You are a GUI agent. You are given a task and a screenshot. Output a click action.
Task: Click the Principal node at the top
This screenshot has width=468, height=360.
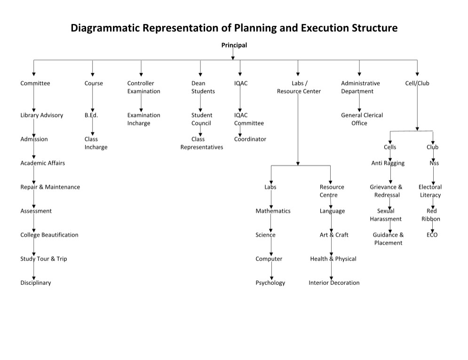(x=234, y=45)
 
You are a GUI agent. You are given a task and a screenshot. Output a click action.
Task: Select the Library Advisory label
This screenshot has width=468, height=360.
(x=41, y=115)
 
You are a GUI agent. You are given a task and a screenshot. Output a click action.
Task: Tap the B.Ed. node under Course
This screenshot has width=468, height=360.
(x=91, y=115)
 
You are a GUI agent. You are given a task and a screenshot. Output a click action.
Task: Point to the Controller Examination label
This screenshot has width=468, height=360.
(x=143, y=87)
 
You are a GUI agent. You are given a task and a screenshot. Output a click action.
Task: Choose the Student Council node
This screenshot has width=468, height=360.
(x=201, y=119)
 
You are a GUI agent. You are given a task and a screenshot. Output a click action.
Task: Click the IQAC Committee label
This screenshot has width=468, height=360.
(x=249, y=119)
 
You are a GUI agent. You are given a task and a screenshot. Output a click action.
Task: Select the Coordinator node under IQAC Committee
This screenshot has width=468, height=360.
(x=250, y=139)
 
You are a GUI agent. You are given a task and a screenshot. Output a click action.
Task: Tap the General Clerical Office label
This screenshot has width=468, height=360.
(x=362, y=119)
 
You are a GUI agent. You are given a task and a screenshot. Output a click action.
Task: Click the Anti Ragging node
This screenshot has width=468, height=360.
(x=388, y=163)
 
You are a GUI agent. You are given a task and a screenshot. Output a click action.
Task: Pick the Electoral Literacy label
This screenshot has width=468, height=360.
(x=430, y=191)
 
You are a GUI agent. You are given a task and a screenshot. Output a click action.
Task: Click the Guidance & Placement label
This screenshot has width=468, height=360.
(x=388, y=239)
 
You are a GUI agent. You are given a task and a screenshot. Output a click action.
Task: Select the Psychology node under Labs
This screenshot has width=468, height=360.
(x=270, y=283)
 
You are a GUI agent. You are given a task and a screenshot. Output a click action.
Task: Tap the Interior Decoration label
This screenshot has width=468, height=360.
(x=334, y=283)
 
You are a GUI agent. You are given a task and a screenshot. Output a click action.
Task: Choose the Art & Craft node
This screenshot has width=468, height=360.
(x=334, y=235)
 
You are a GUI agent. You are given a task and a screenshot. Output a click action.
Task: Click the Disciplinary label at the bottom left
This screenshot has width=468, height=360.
(x=35, y=283)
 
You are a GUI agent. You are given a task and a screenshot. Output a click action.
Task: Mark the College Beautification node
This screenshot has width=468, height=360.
(x=49, y=235)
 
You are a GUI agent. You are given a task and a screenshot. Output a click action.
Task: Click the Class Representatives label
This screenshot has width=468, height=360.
(x=201, y=143)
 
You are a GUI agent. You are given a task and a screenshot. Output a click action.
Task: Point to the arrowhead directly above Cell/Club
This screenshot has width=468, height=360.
(x=417, y=74)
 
